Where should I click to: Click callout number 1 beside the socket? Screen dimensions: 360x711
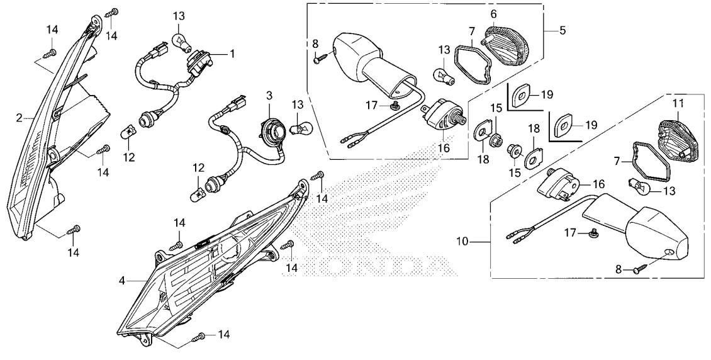click(232, 54)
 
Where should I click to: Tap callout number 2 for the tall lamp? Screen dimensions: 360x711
click(20, 118)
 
